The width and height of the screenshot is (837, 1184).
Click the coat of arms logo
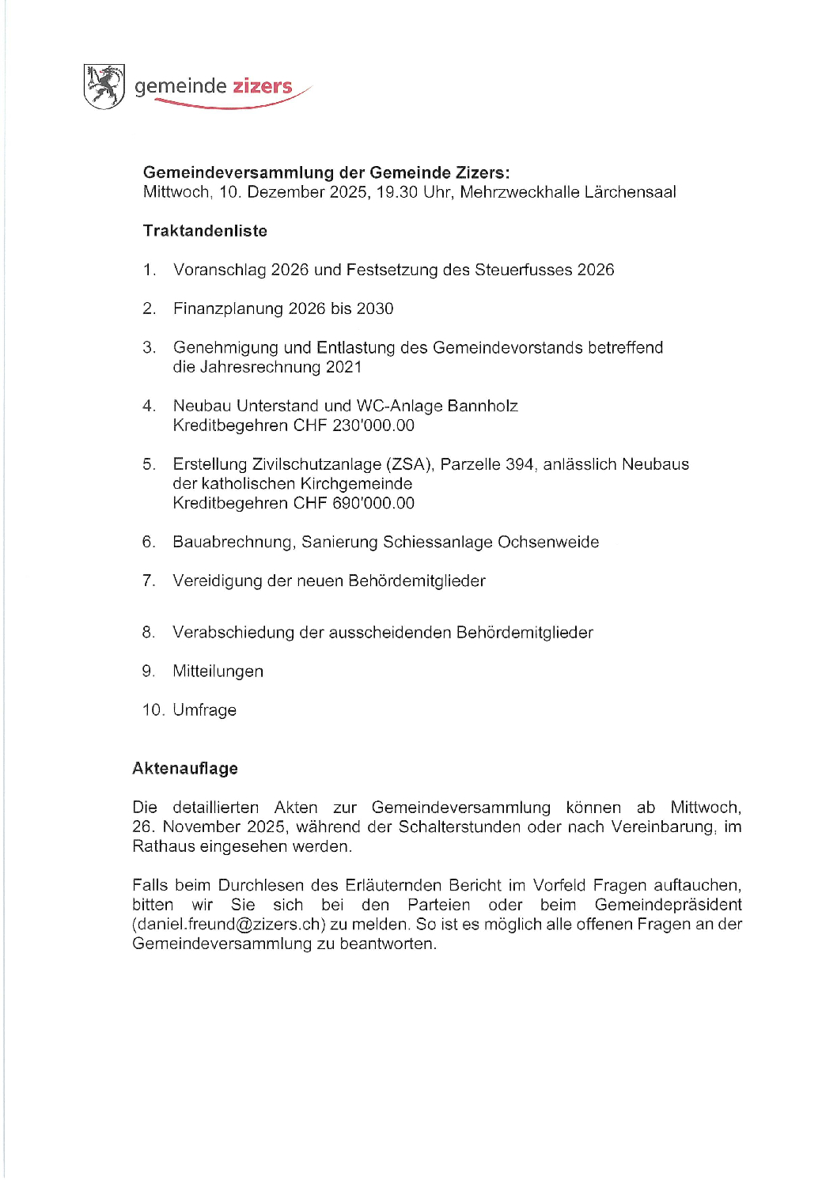pyautogui.click(x=104, y=86)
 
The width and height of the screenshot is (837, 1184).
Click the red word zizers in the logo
pyautogui.click(x=262, y=86)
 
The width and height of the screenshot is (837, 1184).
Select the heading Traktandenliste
pyautogui.click(x=205, y=231)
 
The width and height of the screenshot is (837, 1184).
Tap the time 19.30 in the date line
pyautogui.click(x=396, y=192)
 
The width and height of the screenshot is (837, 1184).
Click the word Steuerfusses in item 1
pyautogui.click(x=523, y=270)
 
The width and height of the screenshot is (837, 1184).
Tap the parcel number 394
pyautogui.click(x=519, y=464)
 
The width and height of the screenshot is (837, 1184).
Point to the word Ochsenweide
pyautogui.click(x=548, y=542)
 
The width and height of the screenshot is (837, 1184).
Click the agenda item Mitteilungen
pyautogui.click(x=218, y=671)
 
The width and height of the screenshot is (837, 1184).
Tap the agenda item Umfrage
pyautogui.click(x=205, y=709)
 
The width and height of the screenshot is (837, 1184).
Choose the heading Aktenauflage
pyautogui.click(x=185, y=768)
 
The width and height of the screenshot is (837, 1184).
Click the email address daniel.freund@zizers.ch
pyautogui.click(x=229, y=924)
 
